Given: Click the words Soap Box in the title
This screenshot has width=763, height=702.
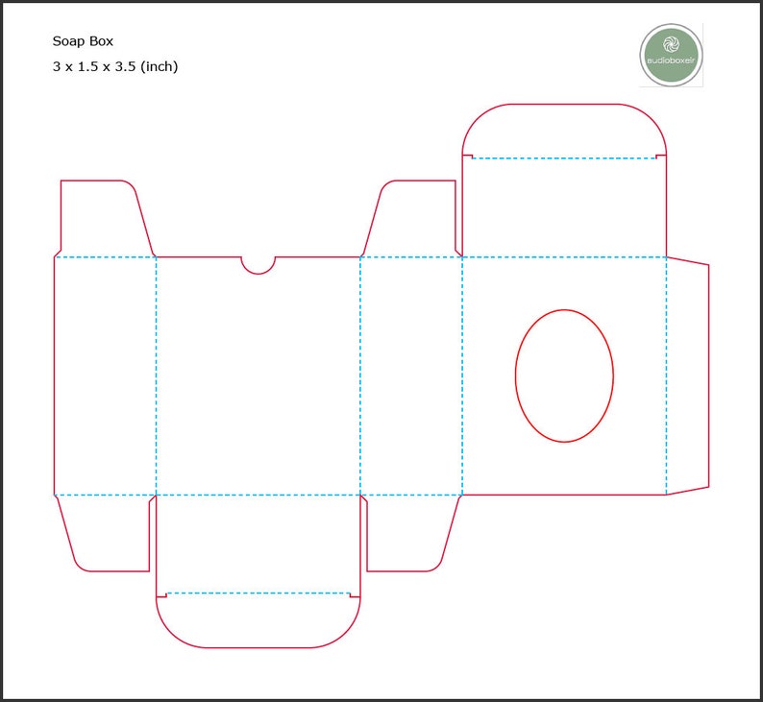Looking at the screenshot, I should tap(82, 41).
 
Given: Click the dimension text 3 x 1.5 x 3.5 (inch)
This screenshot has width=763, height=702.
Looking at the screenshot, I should tap(115, 66).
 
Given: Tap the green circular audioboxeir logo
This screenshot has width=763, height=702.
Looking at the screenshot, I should tap(672, 55).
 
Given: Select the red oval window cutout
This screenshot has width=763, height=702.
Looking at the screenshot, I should tap(564, 375).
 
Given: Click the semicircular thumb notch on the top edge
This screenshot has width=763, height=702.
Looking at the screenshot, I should tap(258, 264).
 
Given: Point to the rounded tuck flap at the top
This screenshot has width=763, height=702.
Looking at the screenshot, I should tap(564, 131).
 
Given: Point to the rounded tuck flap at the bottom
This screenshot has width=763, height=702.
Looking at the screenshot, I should tap(258, 620).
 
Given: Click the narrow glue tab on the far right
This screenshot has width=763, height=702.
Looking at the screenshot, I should tap(687, 375).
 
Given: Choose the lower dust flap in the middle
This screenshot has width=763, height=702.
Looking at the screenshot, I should tap(408, 533).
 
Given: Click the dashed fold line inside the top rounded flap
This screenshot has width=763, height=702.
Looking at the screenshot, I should tap(564, 158).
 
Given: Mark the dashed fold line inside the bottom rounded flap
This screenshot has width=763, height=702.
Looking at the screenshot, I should tap(258, 593).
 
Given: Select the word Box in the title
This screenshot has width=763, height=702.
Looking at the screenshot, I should tap(99, 41).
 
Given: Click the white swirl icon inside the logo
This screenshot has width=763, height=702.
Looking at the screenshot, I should tap(672, 44).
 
